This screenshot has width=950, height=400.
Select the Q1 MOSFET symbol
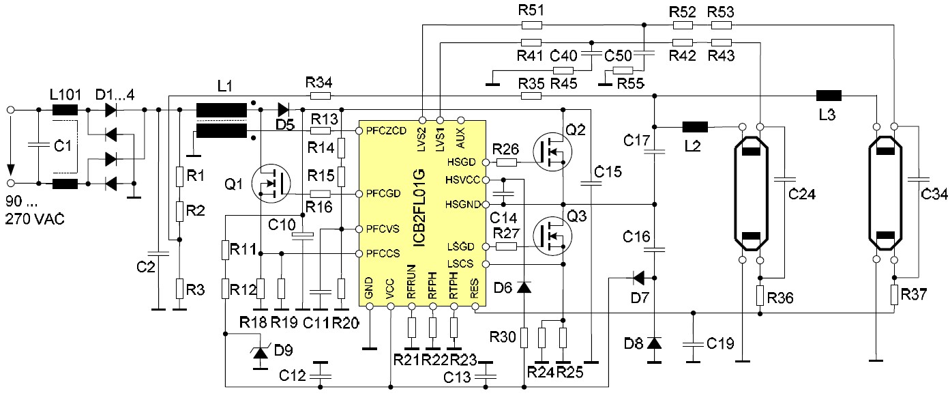point(271,184)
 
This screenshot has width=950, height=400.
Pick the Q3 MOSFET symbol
point(552,236)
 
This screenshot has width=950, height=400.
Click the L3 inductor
point(829,96)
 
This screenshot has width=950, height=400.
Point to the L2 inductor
point(695,126)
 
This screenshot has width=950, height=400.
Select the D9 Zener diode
point(260,352)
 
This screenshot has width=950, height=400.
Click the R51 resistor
point(531,26)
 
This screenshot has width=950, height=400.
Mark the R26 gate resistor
point(506,162)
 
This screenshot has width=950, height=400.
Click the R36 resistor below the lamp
point(760,296)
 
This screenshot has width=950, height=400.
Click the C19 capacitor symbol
point(693,341)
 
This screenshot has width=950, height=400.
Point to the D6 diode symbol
point(524,287)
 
